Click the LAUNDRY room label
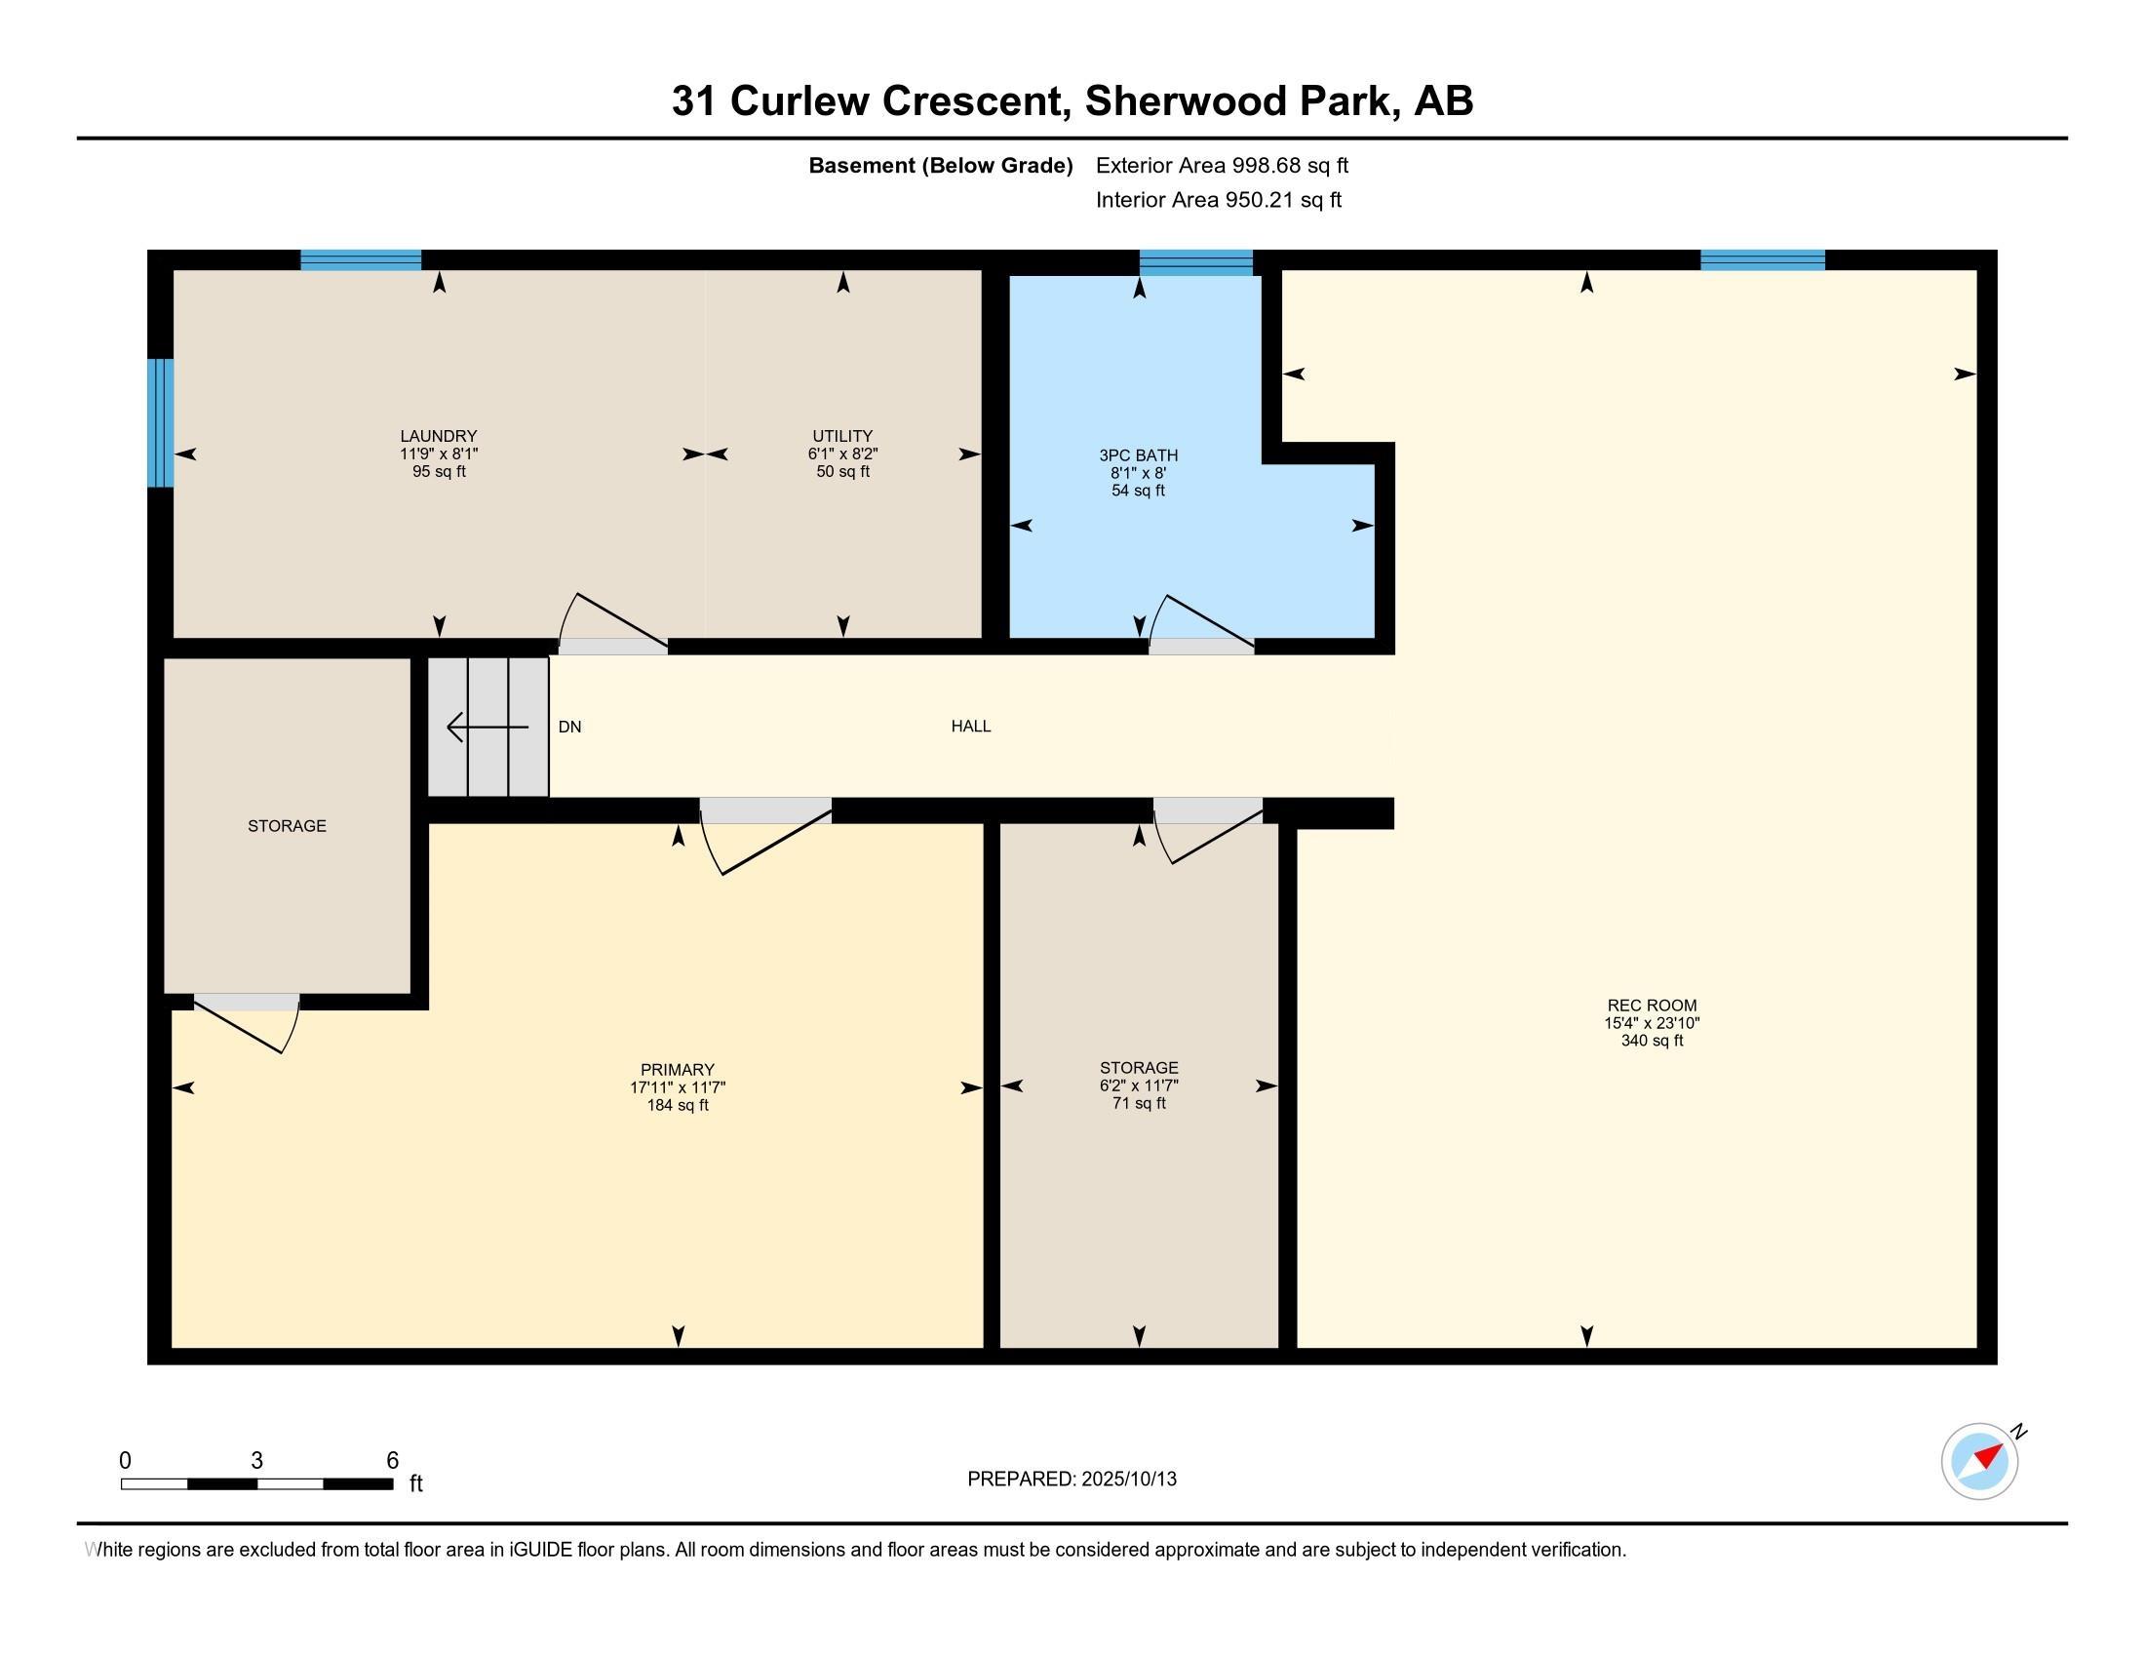438,436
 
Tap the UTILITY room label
842,436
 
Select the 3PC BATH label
1138,455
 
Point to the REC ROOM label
1652,1006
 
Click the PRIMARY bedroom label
678,1070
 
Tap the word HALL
971,726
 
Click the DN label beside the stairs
569,727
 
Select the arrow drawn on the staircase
488,727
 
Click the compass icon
1980,1462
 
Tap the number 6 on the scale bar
393,1460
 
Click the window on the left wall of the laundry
160,422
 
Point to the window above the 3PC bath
1196,262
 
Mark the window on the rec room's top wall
1763,260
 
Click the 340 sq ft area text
1652,1041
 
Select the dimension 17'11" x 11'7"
678,1087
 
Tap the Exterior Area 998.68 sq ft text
1223,165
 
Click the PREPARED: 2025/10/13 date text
1072,1479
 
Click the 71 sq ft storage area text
1139,1103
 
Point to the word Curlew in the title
799,101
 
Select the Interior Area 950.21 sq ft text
1219,199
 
